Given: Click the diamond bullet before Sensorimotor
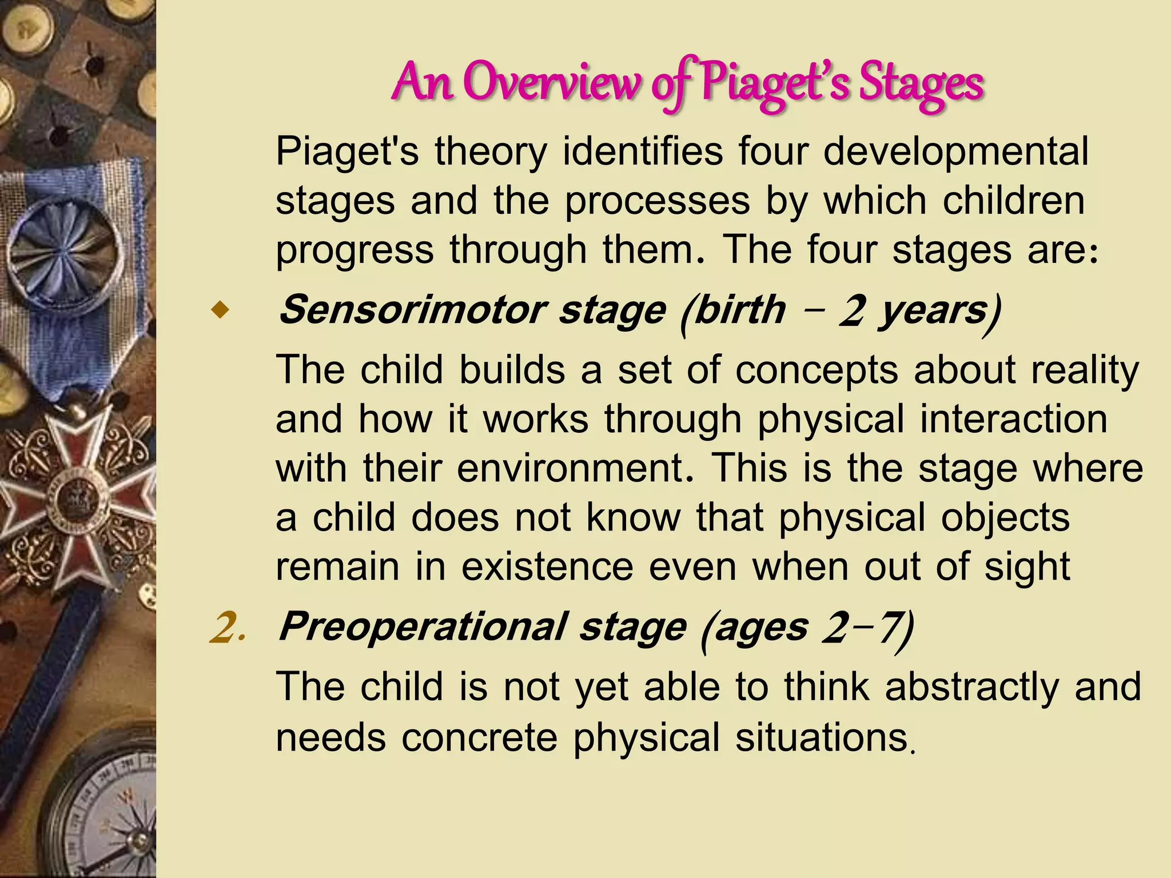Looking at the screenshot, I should coord(219,312).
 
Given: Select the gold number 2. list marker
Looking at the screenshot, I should coord(227,628).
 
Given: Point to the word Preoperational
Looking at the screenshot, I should coord(423,627).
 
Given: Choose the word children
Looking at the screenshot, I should coord(1013,201).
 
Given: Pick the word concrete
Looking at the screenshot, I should coord(479,737).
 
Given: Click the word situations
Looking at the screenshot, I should coord(822,737).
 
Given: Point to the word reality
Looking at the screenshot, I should coord(1085,370).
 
